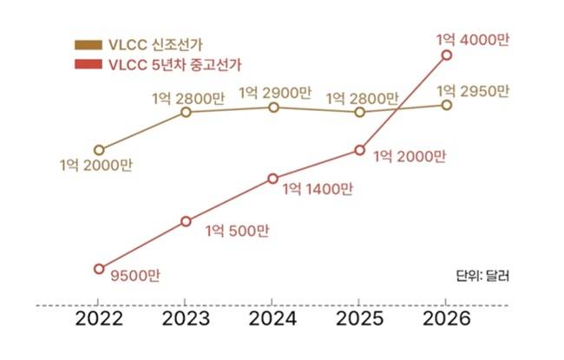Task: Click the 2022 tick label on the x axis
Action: (99, 318)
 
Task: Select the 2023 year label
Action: (186, 318)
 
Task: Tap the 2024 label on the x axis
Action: (272, 318)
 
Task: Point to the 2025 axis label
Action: (359, 318)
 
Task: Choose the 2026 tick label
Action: (446, 318)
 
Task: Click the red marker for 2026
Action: (446, 55)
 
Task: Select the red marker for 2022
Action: (99, 268)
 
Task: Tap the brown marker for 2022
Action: (99, 150)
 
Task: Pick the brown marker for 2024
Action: (272, 108)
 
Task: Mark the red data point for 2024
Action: (272, 179)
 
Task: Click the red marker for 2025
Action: (359, 150)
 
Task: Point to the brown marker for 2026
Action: (446, 105)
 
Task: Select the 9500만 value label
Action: (136, 276)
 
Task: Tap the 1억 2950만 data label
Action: (474, 89)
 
